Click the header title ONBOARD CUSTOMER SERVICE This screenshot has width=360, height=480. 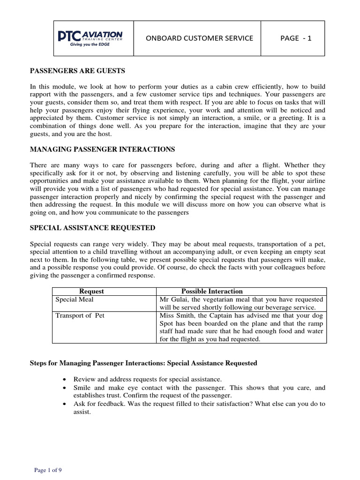coord(196,38)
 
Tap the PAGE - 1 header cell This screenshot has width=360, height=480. coord(295,38)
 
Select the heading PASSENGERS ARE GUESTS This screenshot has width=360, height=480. coord(77,71)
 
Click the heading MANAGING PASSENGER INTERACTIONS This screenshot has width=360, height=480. coord(102,149)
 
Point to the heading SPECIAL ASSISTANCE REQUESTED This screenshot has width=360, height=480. coord(92,228)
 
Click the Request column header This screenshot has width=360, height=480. coord(92,291)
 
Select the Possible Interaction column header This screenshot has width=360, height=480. coord(212,291)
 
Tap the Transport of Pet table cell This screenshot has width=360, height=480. coord(80,315)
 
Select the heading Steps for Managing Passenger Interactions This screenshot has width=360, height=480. coord(143,363)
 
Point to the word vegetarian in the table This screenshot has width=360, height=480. coord(215,299)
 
